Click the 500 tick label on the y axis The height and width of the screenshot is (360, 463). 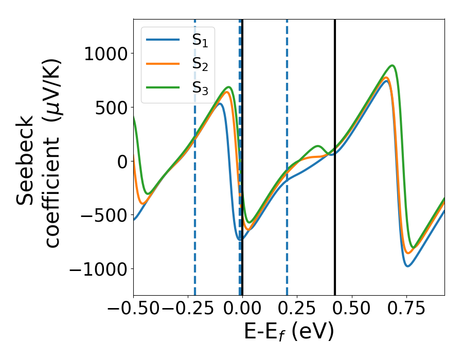[112, 108]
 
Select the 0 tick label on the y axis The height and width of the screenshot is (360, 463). [121, 161]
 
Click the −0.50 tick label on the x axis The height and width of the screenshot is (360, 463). [133, 309]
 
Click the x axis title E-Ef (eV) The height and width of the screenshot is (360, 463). [289, 332]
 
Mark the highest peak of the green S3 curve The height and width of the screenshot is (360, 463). [393, 65]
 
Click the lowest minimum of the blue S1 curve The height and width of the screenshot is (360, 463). [407, 266]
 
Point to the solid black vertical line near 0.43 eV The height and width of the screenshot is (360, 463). [335, 231]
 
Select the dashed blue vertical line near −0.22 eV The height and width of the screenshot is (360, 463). [195, 231]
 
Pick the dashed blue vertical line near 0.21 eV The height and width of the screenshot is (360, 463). [287, 231]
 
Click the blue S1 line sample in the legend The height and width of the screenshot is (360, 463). [163, 40]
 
